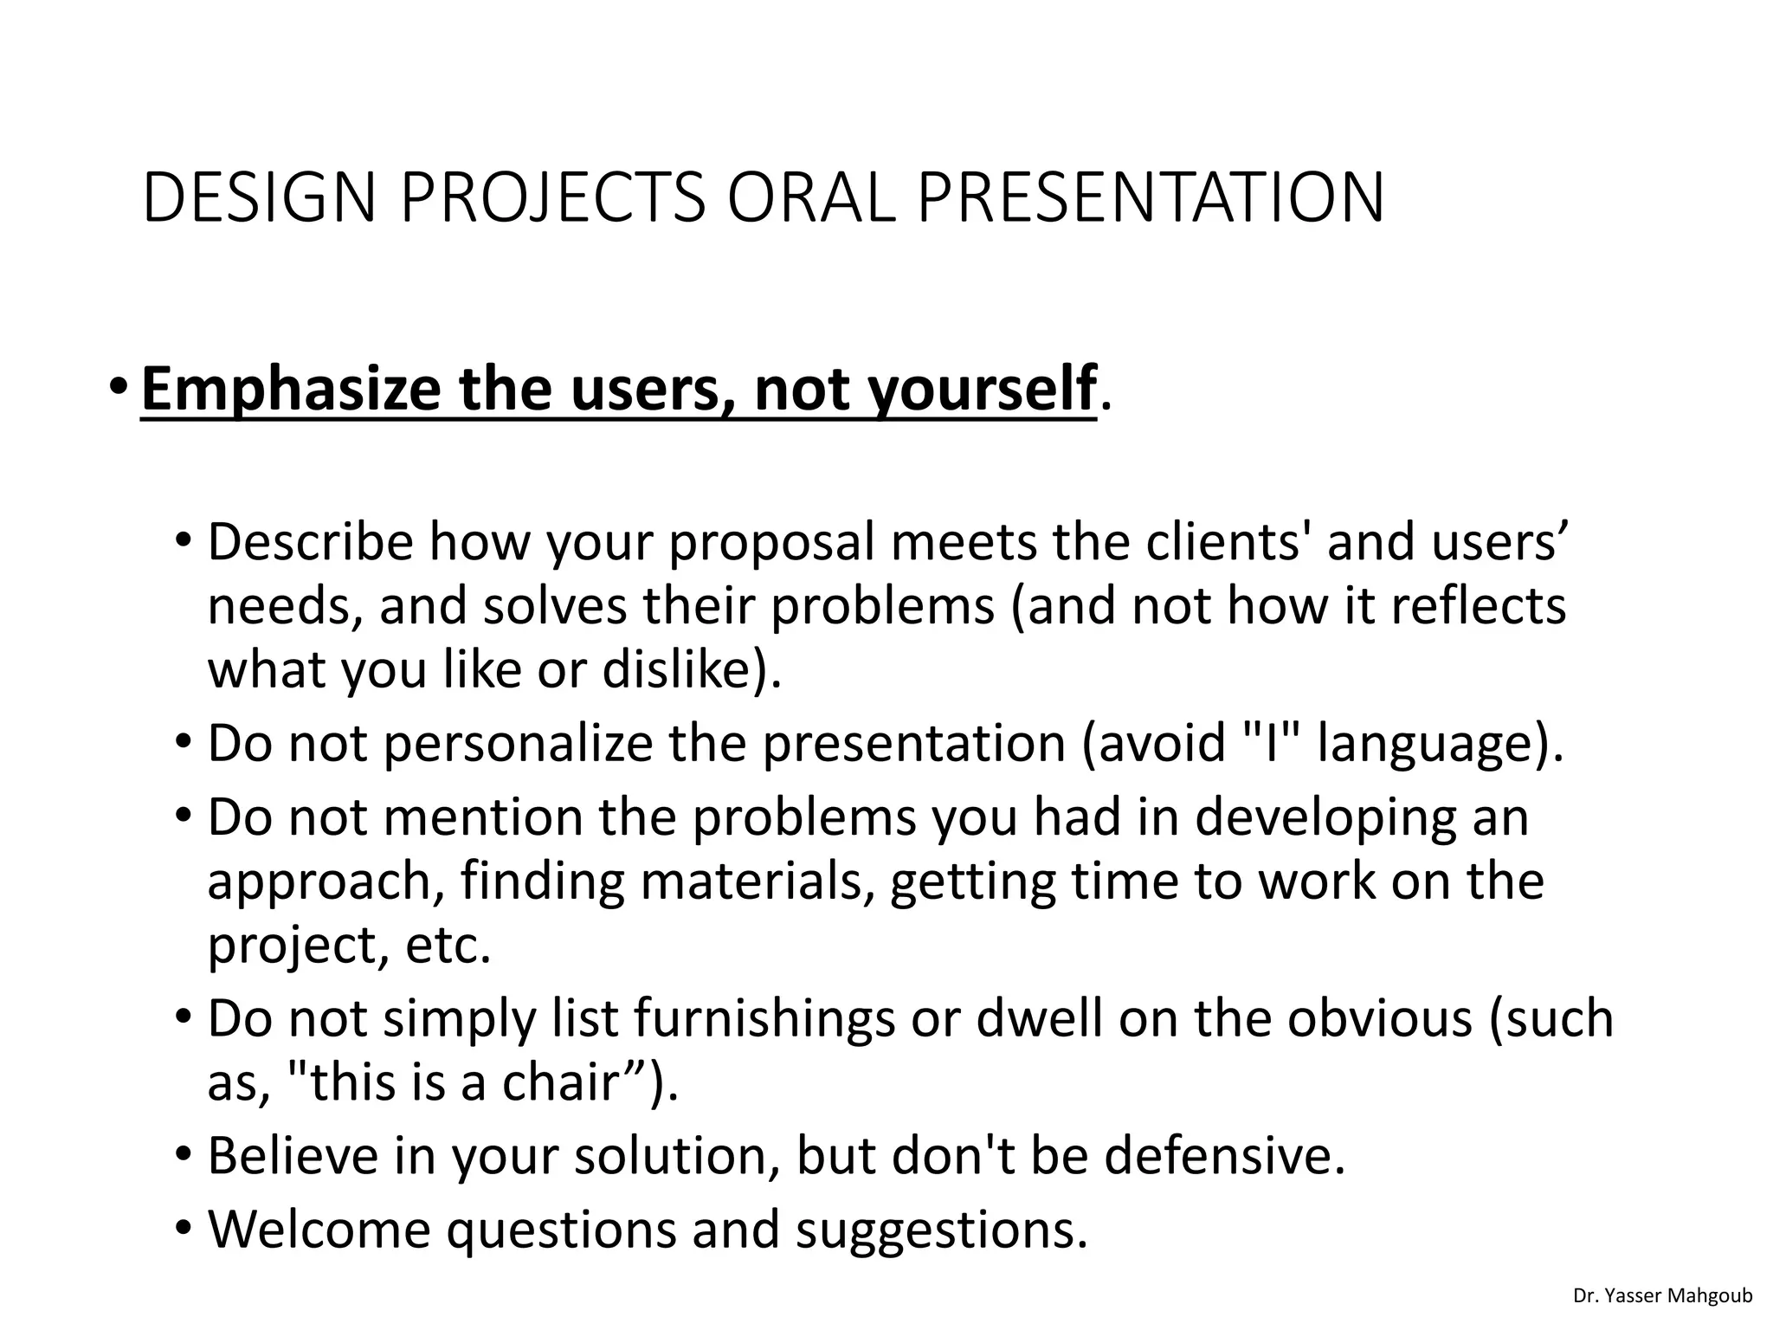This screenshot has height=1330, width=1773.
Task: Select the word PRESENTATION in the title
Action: pos(1151,198)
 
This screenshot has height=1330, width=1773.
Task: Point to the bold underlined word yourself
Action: pos(982,390)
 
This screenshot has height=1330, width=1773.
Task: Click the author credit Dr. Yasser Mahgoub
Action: pos(1662,1296)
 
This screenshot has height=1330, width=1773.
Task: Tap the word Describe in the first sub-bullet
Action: pos(311,542)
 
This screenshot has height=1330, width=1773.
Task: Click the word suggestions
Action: pos(941,1230)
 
